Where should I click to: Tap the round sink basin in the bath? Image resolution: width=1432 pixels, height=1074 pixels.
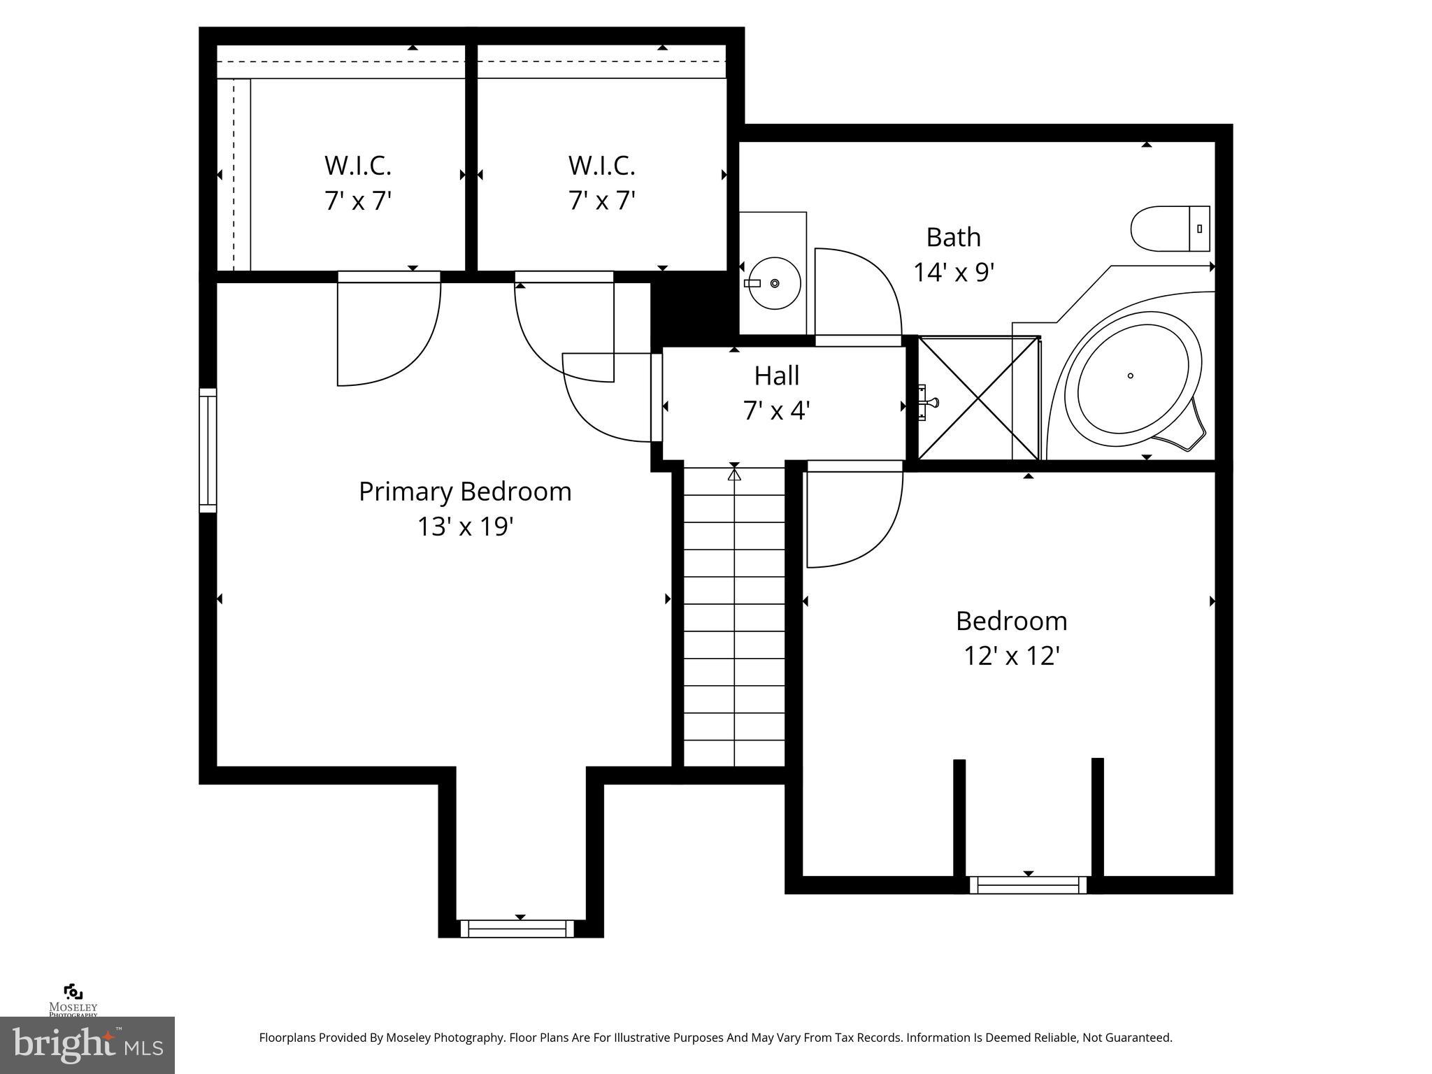point(773,283)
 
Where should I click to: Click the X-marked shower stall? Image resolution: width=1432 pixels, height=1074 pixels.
point(978,399)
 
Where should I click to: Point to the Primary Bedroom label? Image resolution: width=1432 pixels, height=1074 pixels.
point(465,492)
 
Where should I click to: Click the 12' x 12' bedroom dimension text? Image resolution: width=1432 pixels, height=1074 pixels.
point(1012,656)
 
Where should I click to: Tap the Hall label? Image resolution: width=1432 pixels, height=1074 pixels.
point(776,376)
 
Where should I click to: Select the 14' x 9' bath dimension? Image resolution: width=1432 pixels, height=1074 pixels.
point(954,272)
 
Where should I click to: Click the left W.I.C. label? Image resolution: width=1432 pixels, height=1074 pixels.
point(357,166)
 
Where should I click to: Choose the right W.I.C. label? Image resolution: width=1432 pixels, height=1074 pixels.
point(601,166)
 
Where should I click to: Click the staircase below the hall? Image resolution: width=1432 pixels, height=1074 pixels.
point(734,615)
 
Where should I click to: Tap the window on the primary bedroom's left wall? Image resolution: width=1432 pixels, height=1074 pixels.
point(208,450)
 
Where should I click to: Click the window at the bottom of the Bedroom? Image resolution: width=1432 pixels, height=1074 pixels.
point(1028,885)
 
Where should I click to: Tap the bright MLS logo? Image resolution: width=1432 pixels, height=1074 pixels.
point(87,1045)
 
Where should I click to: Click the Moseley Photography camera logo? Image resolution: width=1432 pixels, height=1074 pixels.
point(73,992)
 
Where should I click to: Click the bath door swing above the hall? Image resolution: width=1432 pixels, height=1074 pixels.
point(857,294)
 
